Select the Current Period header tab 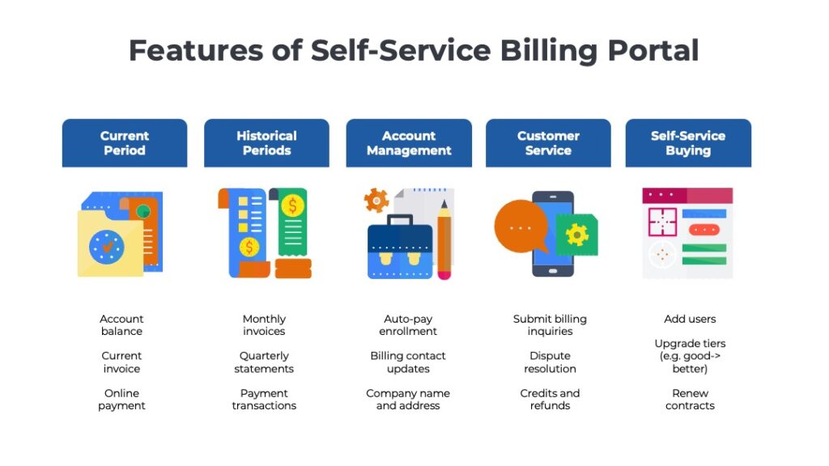click(125, 143)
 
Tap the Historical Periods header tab click(266, 143)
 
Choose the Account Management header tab click(409, 143)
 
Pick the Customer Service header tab click(548, 143)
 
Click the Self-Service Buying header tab click(688, 143)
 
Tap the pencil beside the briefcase click(444, 239)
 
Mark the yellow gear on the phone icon click(577, 235)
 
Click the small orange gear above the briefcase click(376, 199)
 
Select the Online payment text click(121, 400)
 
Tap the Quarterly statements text click(264, 362)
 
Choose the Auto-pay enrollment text click(408, 325)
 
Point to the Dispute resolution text click(550, 362)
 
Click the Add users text click(690, 319)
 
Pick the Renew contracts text click(690, 400)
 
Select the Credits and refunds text click(550, 400)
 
